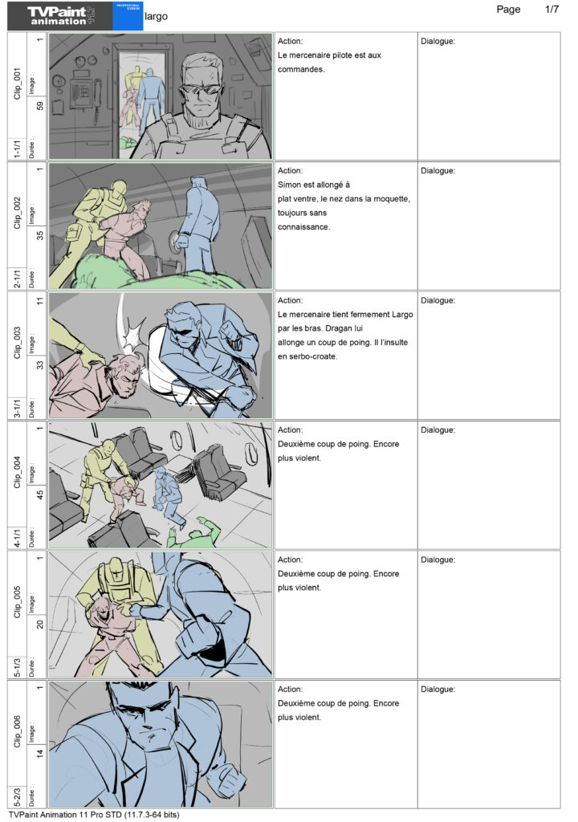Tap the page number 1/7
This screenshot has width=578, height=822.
[x=552, y=10]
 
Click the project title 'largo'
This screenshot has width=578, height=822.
[x=156, y=16]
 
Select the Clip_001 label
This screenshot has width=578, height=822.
[x=17, y=83]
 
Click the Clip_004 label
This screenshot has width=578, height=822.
[x=17, y=472]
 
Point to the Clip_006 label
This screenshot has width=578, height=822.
[x=17, y=731]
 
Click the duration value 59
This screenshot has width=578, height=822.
[x=40, y=106]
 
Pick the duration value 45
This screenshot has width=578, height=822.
[x=40, y=494]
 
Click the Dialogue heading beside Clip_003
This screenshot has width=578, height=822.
[x=438, y=300]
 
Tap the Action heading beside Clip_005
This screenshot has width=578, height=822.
[x=290, y=560]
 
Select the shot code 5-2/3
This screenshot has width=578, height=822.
[x=17, y=796]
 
